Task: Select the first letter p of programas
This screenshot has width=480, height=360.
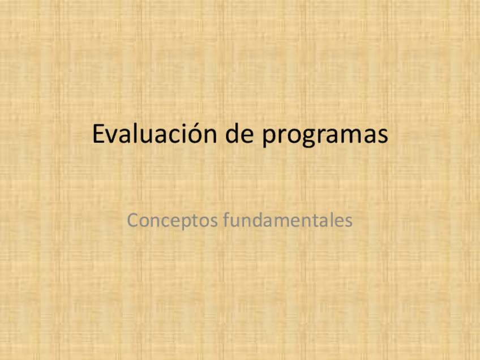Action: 269,139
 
